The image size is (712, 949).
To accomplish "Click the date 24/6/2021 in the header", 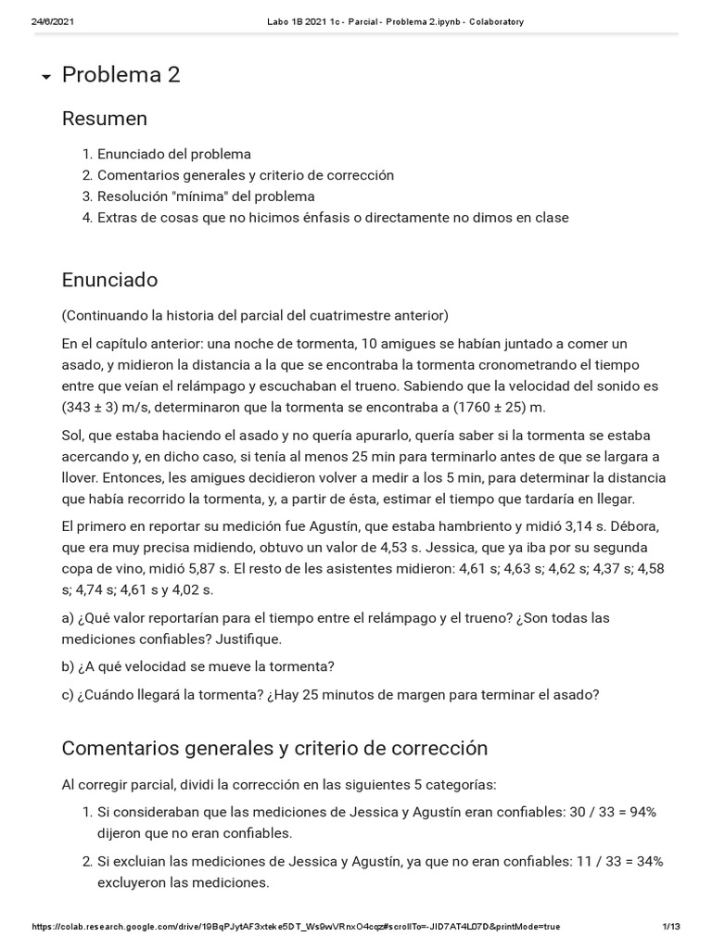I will coord(53,22).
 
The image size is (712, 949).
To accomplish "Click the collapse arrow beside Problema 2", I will coord(45,78).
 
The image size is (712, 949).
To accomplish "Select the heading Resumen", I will coord(104,119).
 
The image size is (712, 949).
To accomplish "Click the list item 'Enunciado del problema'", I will coord(174,154).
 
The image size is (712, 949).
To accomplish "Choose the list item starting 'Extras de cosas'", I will coord(333,218).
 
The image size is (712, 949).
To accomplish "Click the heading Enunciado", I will coord(109,280).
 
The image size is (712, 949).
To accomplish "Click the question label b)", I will coord(70,666).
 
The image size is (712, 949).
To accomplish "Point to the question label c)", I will coord(70,694).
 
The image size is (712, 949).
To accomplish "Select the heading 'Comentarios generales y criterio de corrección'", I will coord(274,748).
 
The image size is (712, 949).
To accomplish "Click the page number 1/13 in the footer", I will coord(671,927).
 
